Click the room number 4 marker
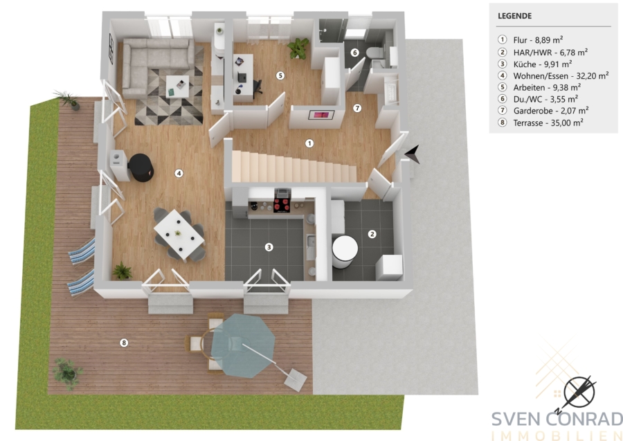tap(179, 173)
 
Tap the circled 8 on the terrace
tap(124, 343)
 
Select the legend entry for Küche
tap(534, 64)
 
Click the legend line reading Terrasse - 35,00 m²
tap(541, 123)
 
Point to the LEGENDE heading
tap(514, 17)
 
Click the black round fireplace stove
tap(141, 168)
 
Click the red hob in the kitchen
tap(282, 205)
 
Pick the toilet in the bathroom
tap(374, 52)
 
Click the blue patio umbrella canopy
tap(243, 345)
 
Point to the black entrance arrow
tap(413, 154)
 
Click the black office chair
tap(257, 87)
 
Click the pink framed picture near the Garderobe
tap(321, 115)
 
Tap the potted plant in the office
tap(298, 48)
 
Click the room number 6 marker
tap(355, 53)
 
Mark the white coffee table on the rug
tap(178, 87)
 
